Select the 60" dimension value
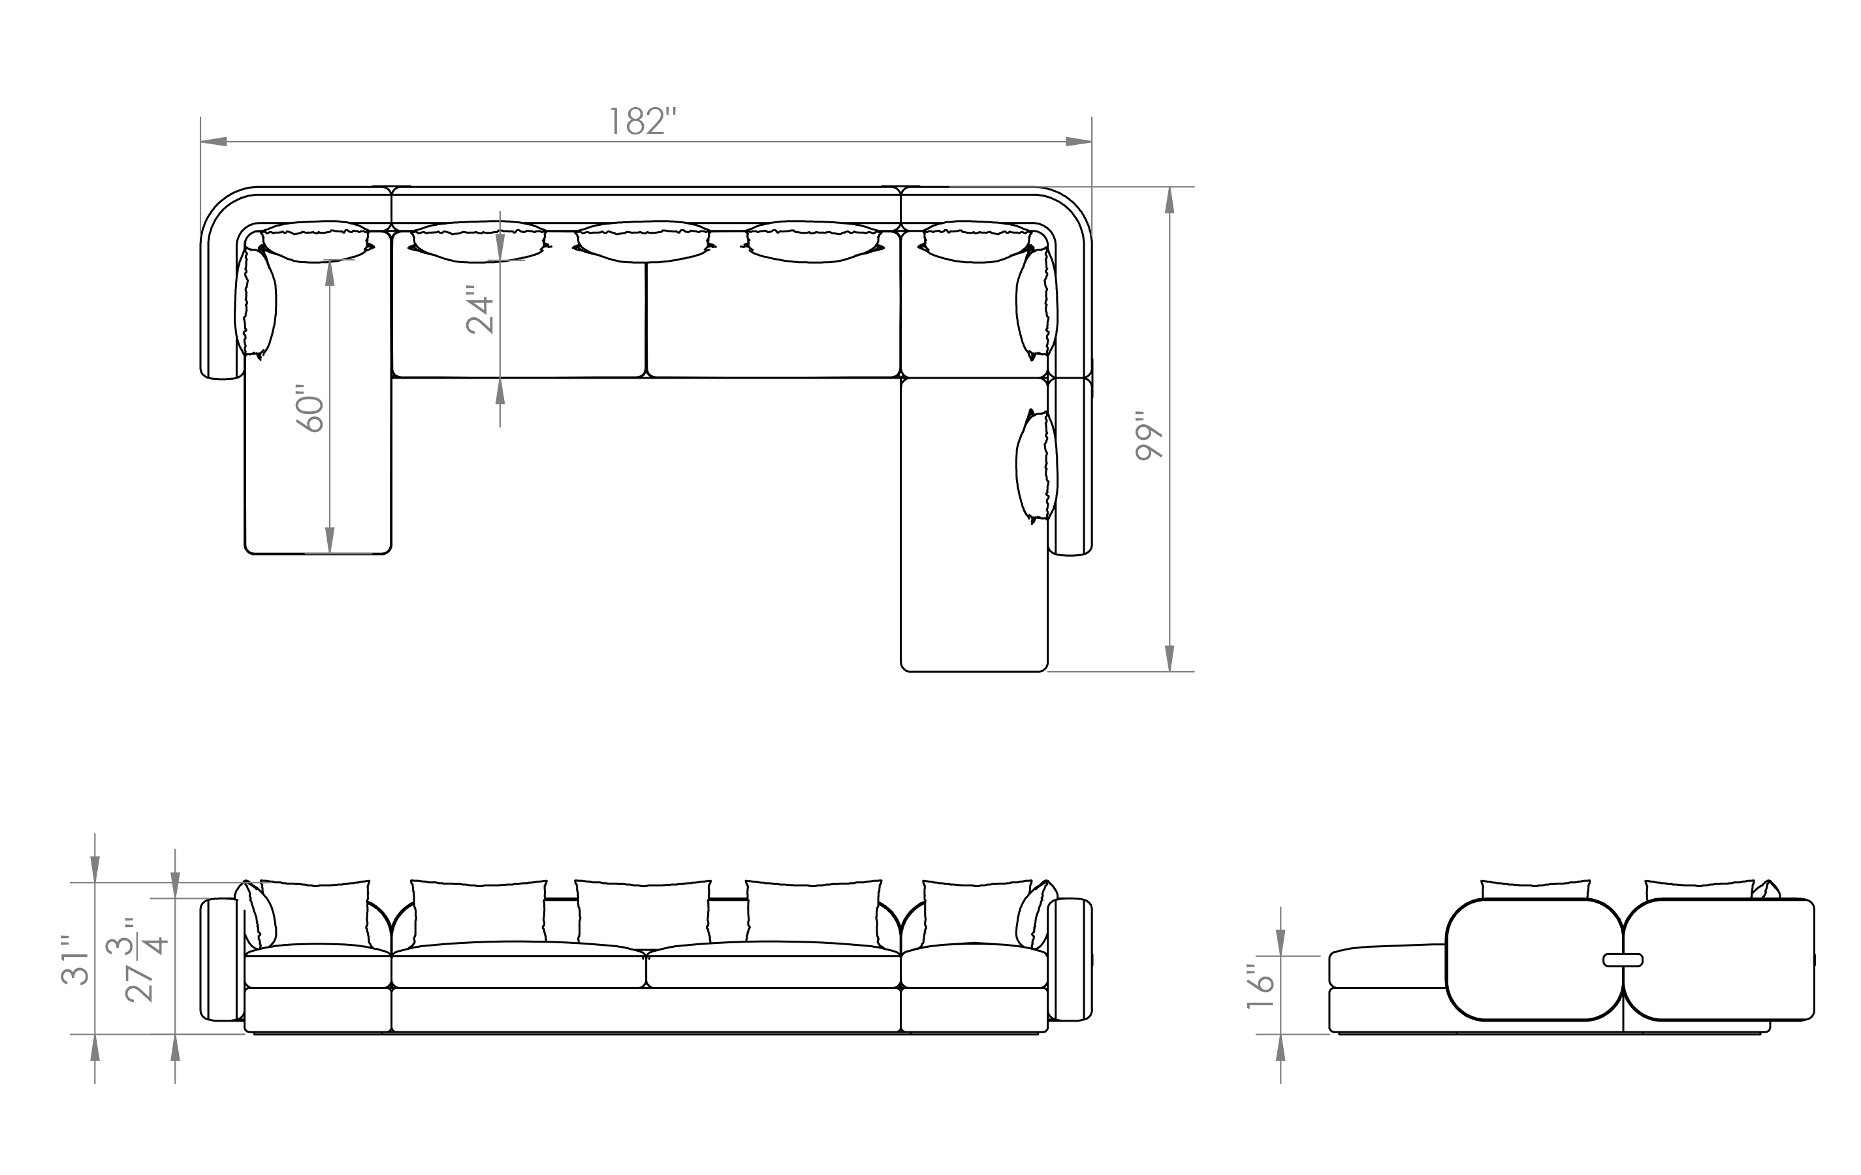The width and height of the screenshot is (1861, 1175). [311, 408]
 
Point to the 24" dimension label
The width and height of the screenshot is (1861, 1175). [481, 310]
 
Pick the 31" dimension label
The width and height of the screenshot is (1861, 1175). [76, 960]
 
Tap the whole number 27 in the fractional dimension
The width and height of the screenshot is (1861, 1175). [140, 984]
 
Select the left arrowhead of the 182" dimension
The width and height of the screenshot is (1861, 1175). [214, 142]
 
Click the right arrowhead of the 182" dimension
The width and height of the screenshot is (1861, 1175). [1078, 142]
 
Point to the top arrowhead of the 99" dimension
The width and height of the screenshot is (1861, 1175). [1169, 200]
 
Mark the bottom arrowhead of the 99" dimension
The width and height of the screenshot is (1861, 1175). [1169, 658]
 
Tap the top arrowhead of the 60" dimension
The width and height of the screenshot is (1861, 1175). [330, 273]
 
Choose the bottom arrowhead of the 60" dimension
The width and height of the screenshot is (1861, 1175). [330, 540]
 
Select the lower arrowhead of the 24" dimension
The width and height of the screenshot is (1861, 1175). [500, 392]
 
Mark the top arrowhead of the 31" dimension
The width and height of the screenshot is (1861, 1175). [95, 869]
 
